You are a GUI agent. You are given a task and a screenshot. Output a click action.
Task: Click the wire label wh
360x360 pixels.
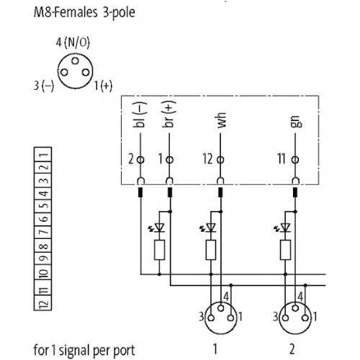(221, 120)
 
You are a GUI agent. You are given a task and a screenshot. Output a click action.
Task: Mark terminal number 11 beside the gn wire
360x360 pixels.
(281, 159)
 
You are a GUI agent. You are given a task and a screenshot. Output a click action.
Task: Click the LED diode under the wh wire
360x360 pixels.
(211, 228)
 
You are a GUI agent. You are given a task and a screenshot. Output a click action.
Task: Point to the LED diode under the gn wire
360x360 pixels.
(284, 228)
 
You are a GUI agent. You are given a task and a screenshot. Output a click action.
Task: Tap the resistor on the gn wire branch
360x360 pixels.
(284, 250)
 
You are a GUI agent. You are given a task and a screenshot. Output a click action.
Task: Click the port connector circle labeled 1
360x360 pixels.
(216, 315)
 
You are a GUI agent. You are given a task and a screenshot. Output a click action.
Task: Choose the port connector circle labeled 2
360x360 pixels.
(290, 315)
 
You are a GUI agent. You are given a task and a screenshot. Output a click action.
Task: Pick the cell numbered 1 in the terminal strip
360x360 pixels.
(43, 154)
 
